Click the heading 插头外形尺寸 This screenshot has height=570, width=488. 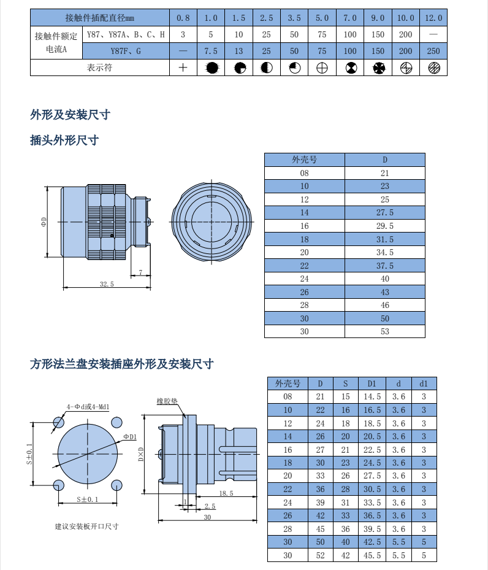click(x=64, y=141)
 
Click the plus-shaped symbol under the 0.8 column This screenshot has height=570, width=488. click(x=183, y=67)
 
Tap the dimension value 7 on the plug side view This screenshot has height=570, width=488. click(x=141, y=272)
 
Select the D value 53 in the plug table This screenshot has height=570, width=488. click(x=384, y=331)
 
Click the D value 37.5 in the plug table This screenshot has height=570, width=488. click(x=384, y=265)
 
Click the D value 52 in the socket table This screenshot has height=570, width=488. click(x=319, y=555)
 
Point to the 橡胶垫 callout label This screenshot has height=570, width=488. click(x=167, y=401)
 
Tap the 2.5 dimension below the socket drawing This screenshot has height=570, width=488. click(x=210, y=506)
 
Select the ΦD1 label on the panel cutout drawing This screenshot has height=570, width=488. click(x=129, y=436)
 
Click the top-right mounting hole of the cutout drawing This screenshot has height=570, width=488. click(x=116, y=422)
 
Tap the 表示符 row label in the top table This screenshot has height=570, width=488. click(x=100, y=67)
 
